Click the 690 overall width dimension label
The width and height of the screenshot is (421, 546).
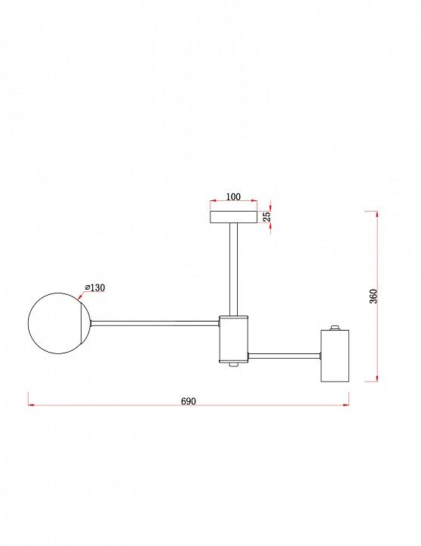(x=189, y=401)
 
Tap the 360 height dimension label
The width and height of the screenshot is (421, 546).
(x=373, y=297)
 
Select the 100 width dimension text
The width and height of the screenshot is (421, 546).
(x=233, y=196)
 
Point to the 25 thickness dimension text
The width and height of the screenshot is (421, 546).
(x=267, y=217)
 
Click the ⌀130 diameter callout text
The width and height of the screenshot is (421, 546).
(x=95, y=287)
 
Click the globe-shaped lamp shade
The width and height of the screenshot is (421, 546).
(x=55, y=323)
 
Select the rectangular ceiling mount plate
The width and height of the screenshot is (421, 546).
(x=234, y=217)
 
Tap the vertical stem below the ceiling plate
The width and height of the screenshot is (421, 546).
(x=234, y=269)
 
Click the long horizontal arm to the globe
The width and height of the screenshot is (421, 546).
(x=154, y=323)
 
